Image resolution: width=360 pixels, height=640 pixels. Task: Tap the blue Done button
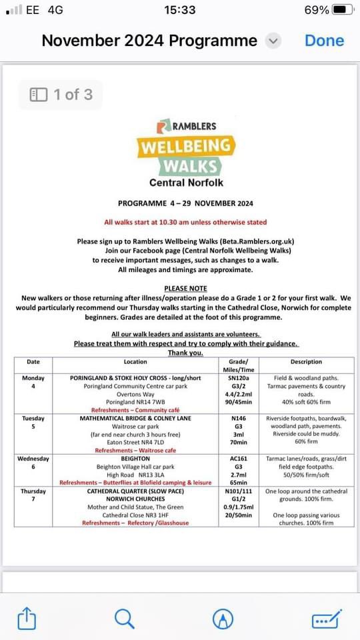click(x=324, y=41)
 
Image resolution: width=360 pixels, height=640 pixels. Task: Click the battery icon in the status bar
click(x=342, y=10)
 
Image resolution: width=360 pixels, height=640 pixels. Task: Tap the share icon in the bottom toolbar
click(x=26, y=619)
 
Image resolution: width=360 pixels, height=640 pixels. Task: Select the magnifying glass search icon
click(x=125, y=619)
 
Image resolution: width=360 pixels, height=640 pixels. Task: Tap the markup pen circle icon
click(x=223, y=619)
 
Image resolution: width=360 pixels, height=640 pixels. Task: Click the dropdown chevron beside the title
click(x=273, y=41)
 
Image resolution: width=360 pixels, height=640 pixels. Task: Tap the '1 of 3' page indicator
click(x=61, y=95)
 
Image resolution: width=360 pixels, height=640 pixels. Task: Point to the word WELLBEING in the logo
click(x=186, y=145)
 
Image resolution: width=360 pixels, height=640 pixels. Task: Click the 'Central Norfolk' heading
click(x=186, y=182)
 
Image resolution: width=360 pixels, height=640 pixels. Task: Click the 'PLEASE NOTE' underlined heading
click(x=185, y=288)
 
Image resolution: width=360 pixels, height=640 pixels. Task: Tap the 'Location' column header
click(x=135, y=362)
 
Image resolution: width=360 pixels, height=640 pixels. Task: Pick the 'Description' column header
click(x=306, y=362)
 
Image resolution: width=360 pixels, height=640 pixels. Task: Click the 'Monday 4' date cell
click(x=33, y=382)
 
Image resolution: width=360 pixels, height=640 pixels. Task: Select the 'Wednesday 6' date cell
click(x=33, y=463)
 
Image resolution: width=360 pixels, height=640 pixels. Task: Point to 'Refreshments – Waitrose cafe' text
click(x=135, y=451)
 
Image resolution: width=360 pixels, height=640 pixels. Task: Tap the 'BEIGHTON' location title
click(x=135, y=459)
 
